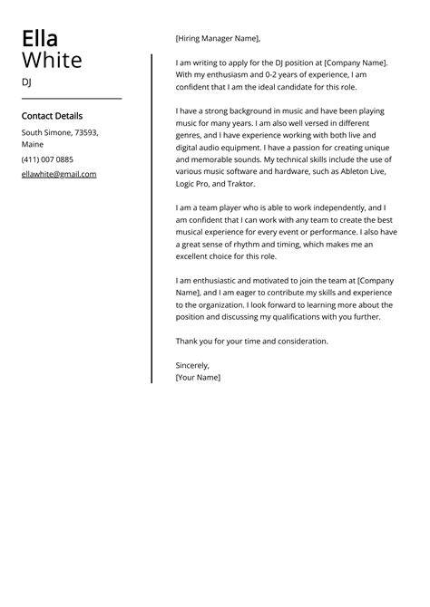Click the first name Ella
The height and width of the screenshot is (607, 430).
(x=40, y=39)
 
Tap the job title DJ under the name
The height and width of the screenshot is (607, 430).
(x=26, y=82)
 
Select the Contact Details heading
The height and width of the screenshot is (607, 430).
(x=52, y=116)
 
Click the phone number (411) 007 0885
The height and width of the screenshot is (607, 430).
(x=47, y=159)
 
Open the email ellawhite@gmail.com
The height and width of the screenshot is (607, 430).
(x=59, y=174)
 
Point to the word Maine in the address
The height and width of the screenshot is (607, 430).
(x=33, y=145)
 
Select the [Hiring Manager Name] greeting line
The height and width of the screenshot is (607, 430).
(x=218, y=39)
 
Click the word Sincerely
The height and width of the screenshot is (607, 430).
(x=192, y=365)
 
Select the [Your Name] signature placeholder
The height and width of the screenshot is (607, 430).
(x=198, y=377)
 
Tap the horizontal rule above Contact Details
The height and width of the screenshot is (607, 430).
(x=71, y=98)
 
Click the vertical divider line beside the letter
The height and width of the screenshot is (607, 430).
(x=151, y=217)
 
